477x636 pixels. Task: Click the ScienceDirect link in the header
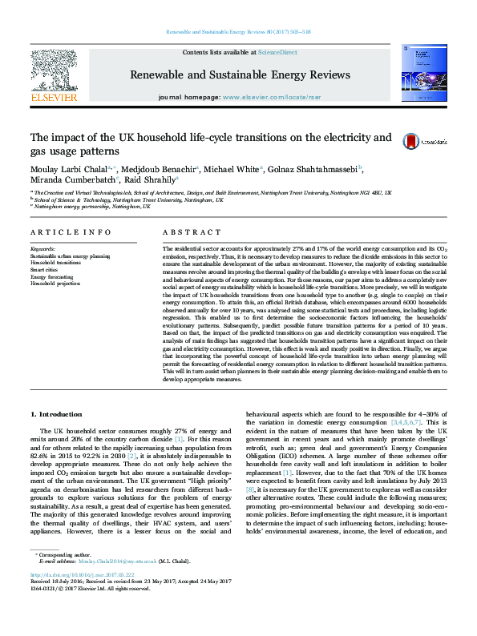tap(277, 52)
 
